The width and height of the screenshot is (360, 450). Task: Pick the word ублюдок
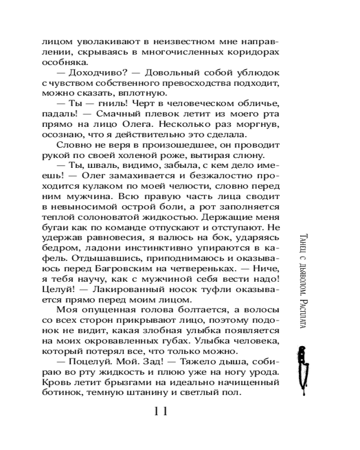click(x=260, y=73)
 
